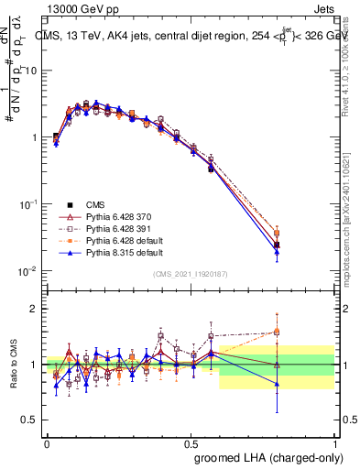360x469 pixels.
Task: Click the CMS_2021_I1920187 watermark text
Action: pyautogui.click(x=191, y=275)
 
